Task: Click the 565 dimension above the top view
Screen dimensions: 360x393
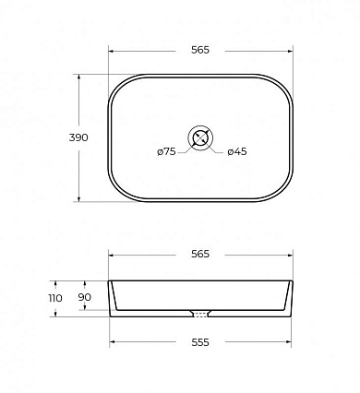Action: coord(200,50)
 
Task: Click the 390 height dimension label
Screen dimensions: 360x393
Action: coord(78,137)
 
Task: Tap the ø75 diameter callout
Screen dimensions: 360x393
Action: coord(166,151)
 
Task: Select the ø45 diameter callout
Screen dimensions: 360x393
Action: coord(237,151)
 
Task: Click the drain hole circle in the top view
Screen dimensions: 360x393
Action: coord(200,125)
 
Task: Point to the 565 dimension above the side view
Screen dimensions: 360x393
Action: coord(200,254)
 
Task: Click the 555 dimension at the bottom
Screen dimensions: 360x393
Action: coord(200,342)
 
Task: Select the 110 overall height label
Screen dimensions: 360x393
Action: coord(55,298)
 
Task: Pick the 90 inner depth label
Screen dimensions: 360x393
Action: coord(84,297)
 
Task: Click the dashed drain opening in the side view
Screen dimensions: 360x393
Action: coord(200,315)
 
